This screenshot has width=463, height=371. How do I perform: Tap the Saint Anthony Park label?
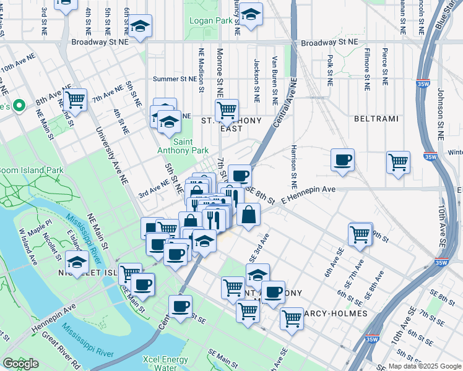[x=191, y=146]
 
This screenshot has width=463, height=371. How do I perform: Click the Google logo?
[x=20, y=364]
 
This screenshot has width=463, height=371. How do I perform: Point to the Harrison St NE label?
[x=293, y=167]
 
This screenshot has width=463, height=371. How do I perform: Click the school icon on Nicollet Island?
[x=77, y=263]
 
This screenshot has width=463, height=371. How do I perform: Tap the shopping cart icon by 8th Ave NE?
[x=75, y=99]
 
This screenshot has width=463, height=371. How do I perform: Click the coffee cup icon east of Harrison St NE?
[x=342, y=160]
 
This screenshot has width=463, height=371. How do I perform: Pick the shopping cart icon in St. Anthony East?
[x=227, y=110]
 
